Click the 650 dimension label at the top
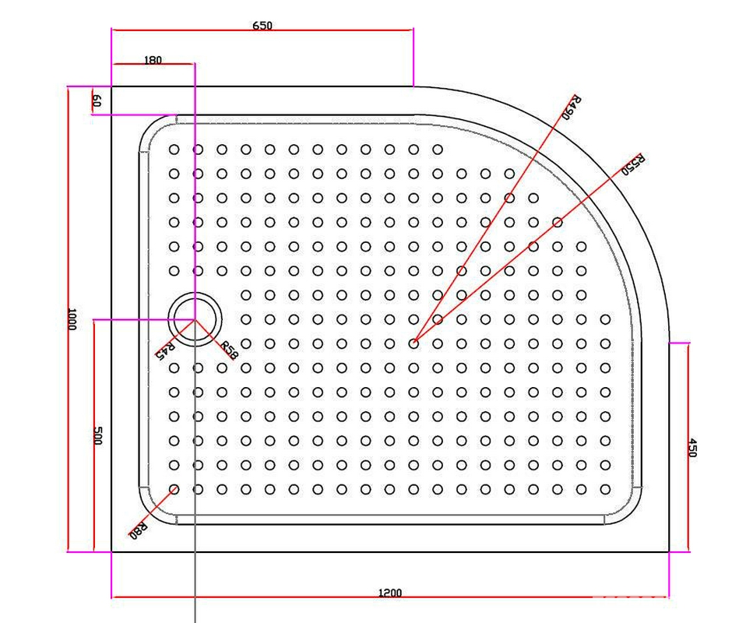point(262,25)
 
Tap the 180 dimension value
point(153,60)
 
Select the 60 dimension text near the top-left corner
point(96,101)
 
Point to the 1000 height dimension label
point(72,319)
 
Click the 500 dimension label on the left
point(97,435)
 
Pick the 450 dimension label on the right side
point(693,447)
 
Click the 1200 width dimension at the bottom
point(390,593)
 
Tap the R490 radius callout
point(572,107)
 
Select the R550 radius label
point(634,164)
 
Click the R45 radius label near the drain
point(166,350)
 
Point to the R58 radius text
point(228,350)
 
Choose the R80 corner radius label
point(138,530)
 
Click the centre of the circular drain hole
point(195,319)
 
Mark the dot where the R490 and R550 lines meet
point(414,343)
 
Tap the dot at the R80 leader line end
point(174,489)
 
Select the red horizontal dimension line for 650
point(262,30)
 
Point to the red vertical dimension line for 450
point(688,447)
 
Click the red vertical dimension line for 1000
point(69,319)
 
